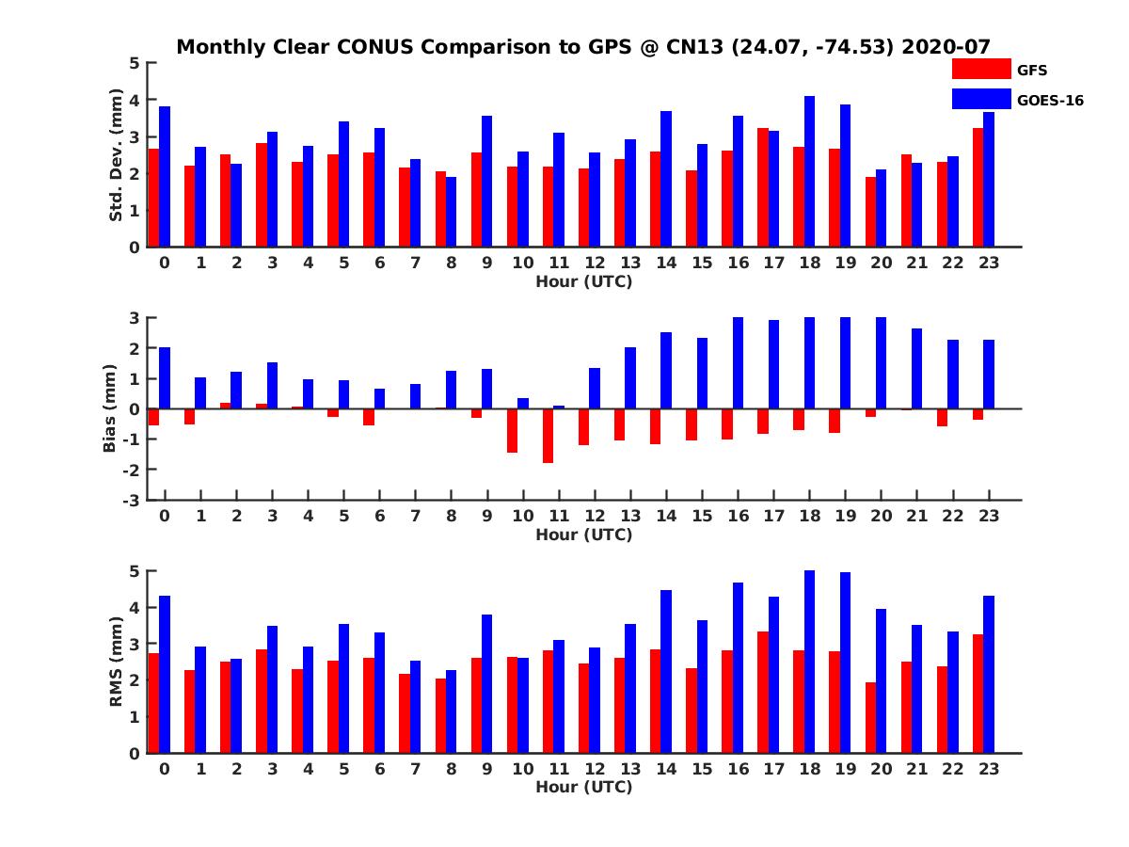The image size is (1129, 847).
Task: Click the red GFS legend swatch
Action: [981, 69]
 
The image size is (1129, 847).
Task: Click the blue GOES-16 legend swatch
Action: [981, 98]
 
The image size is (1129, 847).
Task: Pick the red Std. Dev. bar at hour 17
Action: [763, 187]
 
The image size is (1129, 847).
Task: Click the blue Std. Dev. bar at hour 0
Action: [165, 177]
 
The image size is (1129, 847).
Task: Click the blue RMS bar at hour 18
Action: [809, 662]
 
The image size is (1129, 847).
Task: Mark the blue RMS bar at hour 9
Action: [487, 683]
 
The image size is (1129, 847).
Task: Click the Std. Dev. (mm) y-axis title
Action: [116, 155]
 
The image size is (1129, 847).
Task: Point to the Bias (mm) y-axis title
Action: [109, 408]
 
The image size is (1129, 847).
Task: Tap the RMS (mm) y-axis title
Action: [116, 662]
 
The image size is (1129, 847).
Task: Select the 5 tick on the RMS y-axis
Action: [134, 571]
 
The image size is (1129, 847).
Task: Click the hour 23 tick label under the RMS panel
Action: [988, 768]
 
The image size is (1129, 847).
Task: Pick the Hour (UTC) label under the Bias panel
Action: [583, 535]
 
